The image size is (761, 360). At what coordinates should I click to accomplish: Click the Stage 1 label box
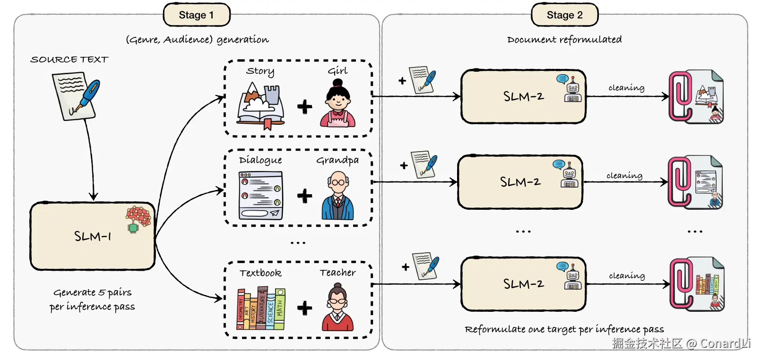(x=196, y=15)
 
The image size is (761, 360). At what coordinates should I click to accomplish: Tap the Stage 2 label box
(x=564, y=15)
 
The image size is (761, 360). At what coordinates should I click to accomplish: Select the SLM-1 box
(x=93, y=236)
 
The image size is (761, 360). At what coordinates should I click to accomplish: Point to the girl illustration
(x=337, y=104)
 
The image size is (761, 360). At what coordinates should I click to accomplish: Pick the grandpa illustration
(x=337, y=196)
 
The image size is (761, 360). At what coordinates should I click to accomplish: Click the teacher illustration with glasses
(x=337, y=307)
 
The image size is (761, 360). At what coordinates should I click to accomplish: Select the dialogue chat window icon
(x=261, y=196)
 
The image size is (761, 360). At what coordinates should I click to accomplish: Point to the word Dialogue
(x=260, y=160)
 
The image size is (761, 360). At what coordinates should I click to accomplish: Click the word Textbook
(x=260, y=273)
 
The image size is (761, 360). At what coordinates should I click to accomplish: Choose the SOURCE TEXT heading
(x=69, y=60)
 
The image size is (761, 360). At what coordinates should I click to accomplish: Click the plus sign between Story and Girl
(x=305, y=107)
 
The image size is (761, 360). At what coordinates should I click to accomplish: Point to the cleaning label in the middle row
(x=624, y=176)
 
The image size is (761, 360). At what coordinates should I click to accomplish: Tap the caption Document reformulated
(x=564, y=40)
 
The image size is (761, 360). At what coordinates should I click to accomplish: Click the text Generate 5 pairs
(x=93, y=292)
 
